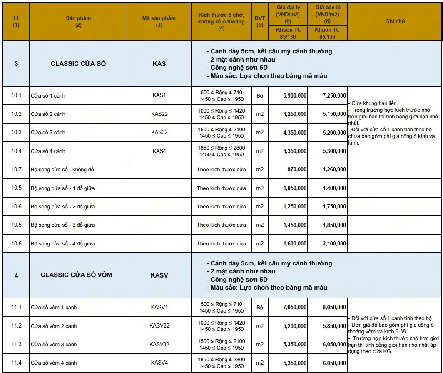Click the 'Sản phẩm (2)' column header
pos(78,21)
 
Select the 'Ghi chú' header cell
pos(395,21)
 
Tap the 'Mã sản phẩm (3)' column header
pos(159,21)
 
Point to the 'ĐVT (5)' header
pos(260,21)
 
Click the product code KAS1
pos(159,95)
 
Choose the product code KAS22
pos(159,114)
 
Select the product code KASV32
pos(159,344)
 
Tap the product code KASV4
pos(159,363)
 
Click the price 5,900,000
pos(295,95)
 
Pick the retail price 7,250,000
pos(334,95)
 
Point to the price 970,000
pos(297,170)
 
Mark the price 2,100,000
pos(334,243)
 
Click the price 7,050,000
pos(295,308)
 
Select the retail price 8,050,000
pos(334,308)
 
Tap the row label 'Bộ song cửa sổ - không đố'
pos(59,170)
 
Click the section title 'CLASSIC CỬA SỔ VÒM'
pos(76,275)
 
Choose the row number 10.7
pos(16,170)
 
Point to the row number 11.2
pos(16,326)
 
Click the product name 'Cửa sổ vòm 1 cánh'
pos(54,308)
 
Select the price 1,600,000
pos(295,243)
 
